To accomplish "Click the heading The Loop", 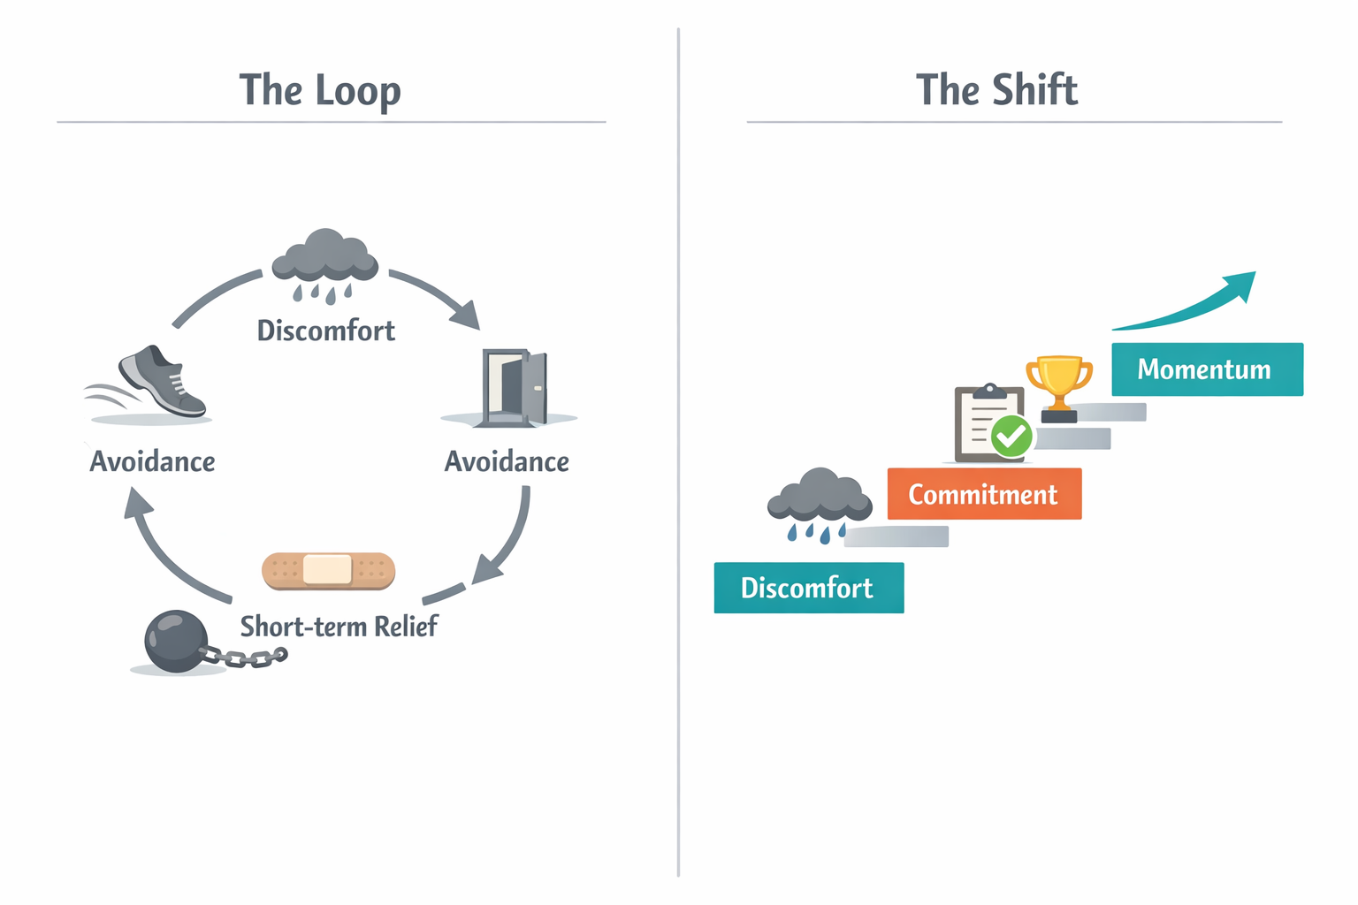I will pyautogui.click(x=320, y=91).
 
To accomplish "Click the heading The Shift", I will pyautogui.click(x=996, y=91).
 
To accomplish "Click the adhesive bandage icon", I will pyautogui.click(x=328, y=570).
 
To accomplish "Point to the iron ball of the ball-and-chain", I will pyautogui.click(x=176, y=641).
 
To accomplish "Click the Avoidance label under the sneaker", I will pyautogui.click(x=152, y=461).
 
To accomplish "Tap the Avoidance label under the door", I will pyautogui.click(x=507, y=461).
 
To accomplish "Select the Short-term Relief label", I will pyautogui.click(x=339, y=627).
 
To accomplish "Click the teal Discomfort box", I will pyautogui.click(x=808, y=588).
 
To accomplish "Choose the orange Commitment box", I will pyautogui.click(x=983, y=494).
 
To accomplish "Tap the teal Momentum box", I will pyautogui.click(x=1206, y=369).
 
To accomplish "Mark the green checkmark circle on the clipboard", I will pyautogui.click(x=1011, y=436).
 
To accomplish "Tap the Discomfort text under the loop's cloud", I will pyautogui.click(x=325, y=331).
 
